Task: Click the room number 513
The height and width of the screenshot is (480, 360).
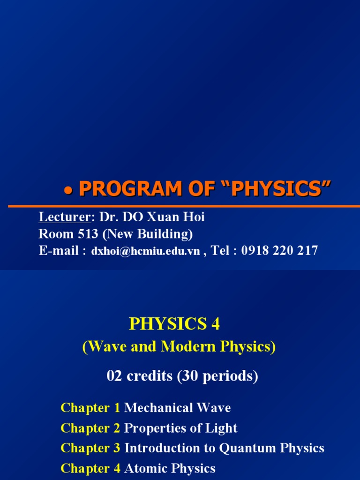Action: [x=81, y=233]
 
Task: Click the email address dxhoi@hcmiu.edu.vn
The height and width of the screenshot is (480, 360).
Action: [x=145, y=251]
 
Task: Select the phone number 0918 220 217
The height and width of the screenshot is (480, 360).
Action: [x=279, y=251]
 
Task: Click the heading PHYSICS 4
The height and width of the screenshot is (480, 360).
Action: [x=174, y=324]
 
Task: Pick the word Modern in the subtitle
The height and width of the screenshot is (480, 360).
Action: [x=184, y=347]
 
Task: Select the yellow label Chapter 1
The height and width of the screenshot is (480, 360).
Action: [x=90, y=408]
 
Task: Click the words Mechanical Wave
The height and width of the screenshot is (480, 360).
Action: [x=178, y=408]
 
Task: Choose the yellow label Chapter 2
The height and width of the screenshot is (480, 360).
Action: [x=90, y=428]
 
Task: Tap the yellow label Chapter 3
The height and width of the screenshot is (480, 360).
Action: [x=90, y=448]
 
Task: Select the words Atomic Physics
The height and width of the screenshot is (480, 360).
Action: [x=170, y=468]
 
